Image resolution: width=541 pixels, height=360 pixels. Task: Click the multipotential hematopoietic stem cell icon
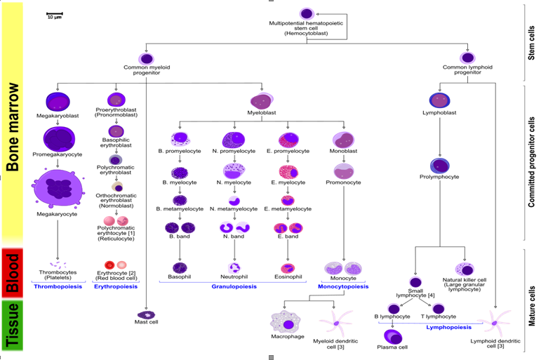coord(307,14)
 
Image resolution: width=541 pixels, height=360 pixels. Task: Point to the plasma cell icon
coord(393,337)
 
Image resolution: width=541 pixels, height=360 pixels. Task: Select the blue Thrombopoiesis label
coord(55,286)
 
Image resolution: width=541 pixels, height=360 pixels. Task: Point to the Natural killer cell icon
coord(465,269)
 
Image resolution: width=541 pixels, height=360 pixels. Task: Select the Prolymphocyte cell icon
coord(441,166)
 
